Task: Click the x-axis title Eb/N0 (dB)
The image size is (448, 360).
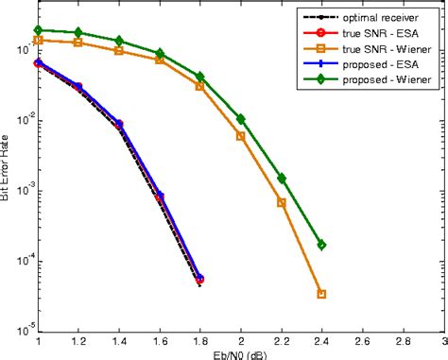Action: (x=240, y=354)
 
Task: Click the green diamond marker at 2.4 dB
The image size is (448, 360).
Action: (x=321, y=245)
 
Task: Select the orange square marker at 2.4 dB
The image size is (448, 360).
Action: (x=321, y=294)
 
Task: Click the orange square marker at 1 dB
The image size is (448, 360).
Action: (x=38, y=40)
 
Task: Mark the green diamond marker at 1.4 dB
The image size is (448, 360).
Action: (x=119, y=41)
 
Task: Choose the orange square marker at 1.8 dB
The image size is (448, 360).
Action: (x=199, y=86)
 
